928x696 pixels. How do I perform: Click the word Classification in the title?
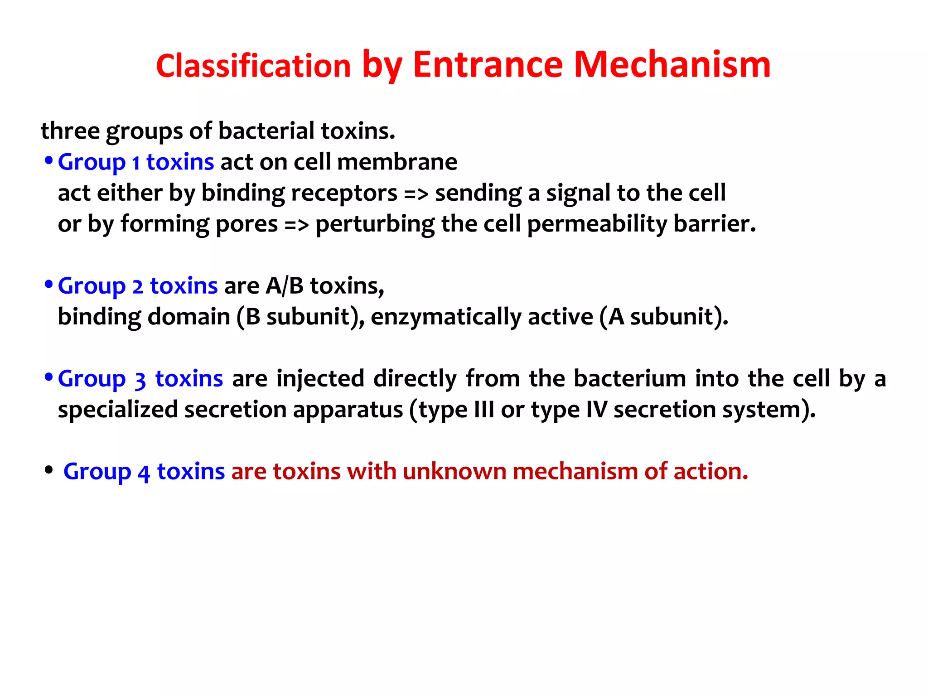[x=253, y=66]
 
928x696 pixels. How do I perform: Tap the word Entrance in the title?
[x=488, y=65]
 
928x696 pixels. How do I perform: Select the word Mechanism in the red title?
[x=672, y=65]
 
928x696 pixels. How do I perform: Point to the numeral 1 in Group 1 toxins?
[x=135, y=163]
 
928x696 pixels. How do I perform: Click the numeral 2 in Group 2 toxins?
[x=137, y=287]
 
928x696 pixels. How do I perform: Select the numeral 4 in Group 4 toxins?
[x=144, y=473]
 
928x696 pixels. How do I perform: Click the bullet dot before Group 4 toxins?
[x=48, y=470]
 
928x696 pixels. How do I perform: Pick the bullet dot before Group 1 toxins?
[x=48, y=160]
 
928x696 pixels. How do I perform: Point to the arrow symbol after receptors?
[x=416, y=194]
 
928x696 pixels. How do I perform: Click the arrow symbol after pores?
[x=296, y=225]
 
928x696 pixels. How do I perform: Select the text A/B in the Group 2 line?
[x=285, y=286]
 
